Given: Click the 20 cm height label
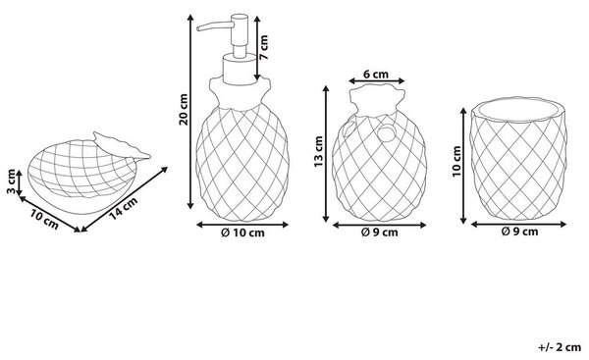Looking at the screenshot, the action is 184,109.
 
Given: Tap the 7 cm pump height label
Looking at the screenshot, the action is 264,47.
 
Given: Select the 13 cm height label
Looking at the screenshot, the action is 318,152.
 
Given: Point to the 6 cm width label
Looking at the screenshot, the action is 376,75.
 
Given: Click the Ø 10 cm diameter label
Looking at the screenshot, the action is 242,232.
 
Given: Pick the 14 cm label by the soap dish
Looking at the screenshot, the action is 124,208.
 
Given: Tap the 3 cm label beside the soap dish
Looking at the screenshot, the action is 12,181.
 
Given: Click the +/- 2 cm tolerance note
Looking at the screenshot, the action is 560,347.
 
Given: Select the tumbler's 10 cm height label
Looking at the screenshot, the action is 456,162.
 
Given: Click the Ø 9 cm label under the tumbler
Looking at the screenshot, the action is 519,231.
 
